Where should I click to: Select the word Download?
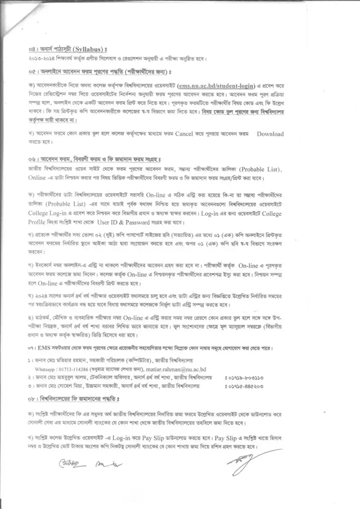point(270,134)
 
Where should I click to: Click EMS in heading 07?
point(44,348)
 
